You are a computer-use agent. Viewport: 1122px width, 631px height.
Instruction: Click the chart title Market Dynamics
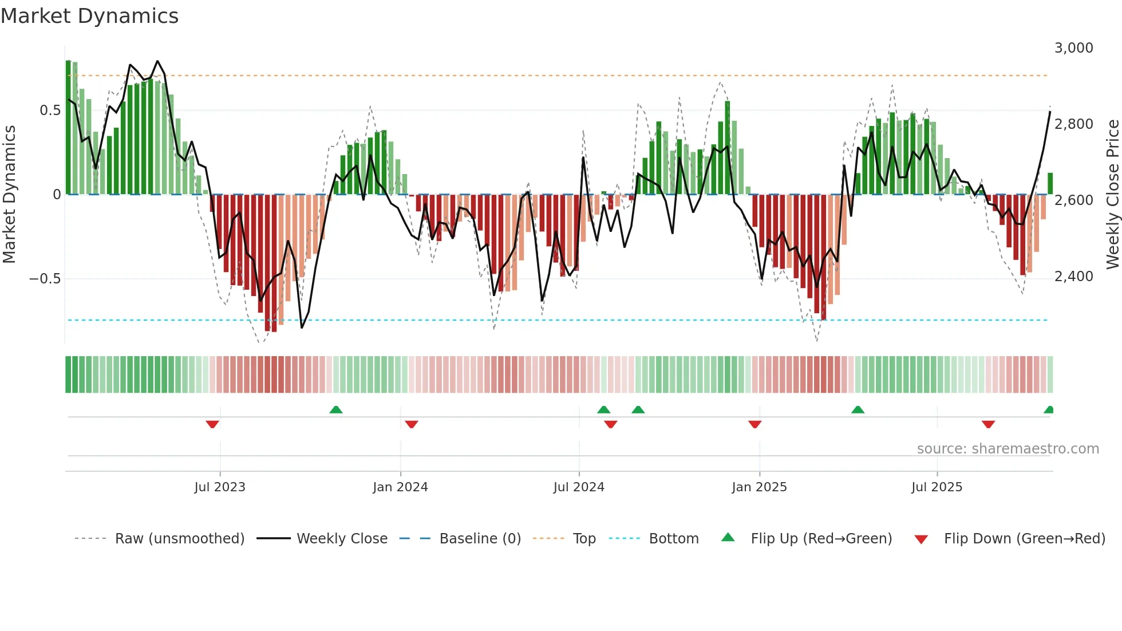click(x=89, y=16)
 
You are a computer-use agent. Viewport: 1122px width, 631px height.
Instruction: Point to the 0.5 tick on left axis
click(x=50, y=111)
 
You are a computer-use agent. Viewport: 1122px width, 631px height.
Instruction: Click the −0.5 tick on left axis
click(x=45, y=279)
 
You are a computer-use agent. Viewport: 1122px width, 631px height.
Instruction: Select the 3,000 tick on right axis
click(x=1073, y=48)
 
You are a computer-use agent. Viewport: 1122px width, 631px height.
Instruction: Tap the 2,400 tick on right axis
click(x=1073, y=277)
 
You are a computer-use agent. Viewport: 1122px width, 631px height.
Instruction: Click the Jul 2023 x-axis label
click(x=220, y=487)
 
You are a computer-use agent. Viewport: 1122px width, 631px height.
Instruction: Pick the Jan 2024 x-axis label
click(x=400, y=487)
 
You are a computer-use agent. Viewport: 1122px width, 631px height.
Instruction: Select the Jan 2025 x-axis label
click(x=759, y=487)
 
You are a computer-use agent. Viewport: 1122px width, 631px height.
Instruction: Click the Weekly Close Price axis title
click(x=1112, y=194)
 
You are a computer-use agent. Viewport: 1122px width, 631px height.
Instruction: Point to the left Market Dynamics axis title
click(x=9, y=194)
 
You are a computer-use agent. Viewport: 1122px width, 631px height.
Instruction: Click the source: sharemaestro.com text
click(x=1008, y=449)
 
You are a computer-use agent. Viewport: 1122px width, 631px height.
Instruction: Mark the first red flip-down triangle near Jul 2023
click(x=212, y=424)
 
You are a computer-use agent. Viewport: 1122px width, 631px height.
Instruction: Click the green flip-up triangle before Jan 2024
click(x=336, y=409)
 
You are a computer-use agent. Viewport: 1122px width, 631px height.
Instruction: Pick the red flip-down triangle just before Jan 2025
click(x=754, y=424)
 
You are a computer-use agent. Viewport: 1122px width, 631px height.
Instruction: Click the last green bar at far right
click(x=1050, y=184)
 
